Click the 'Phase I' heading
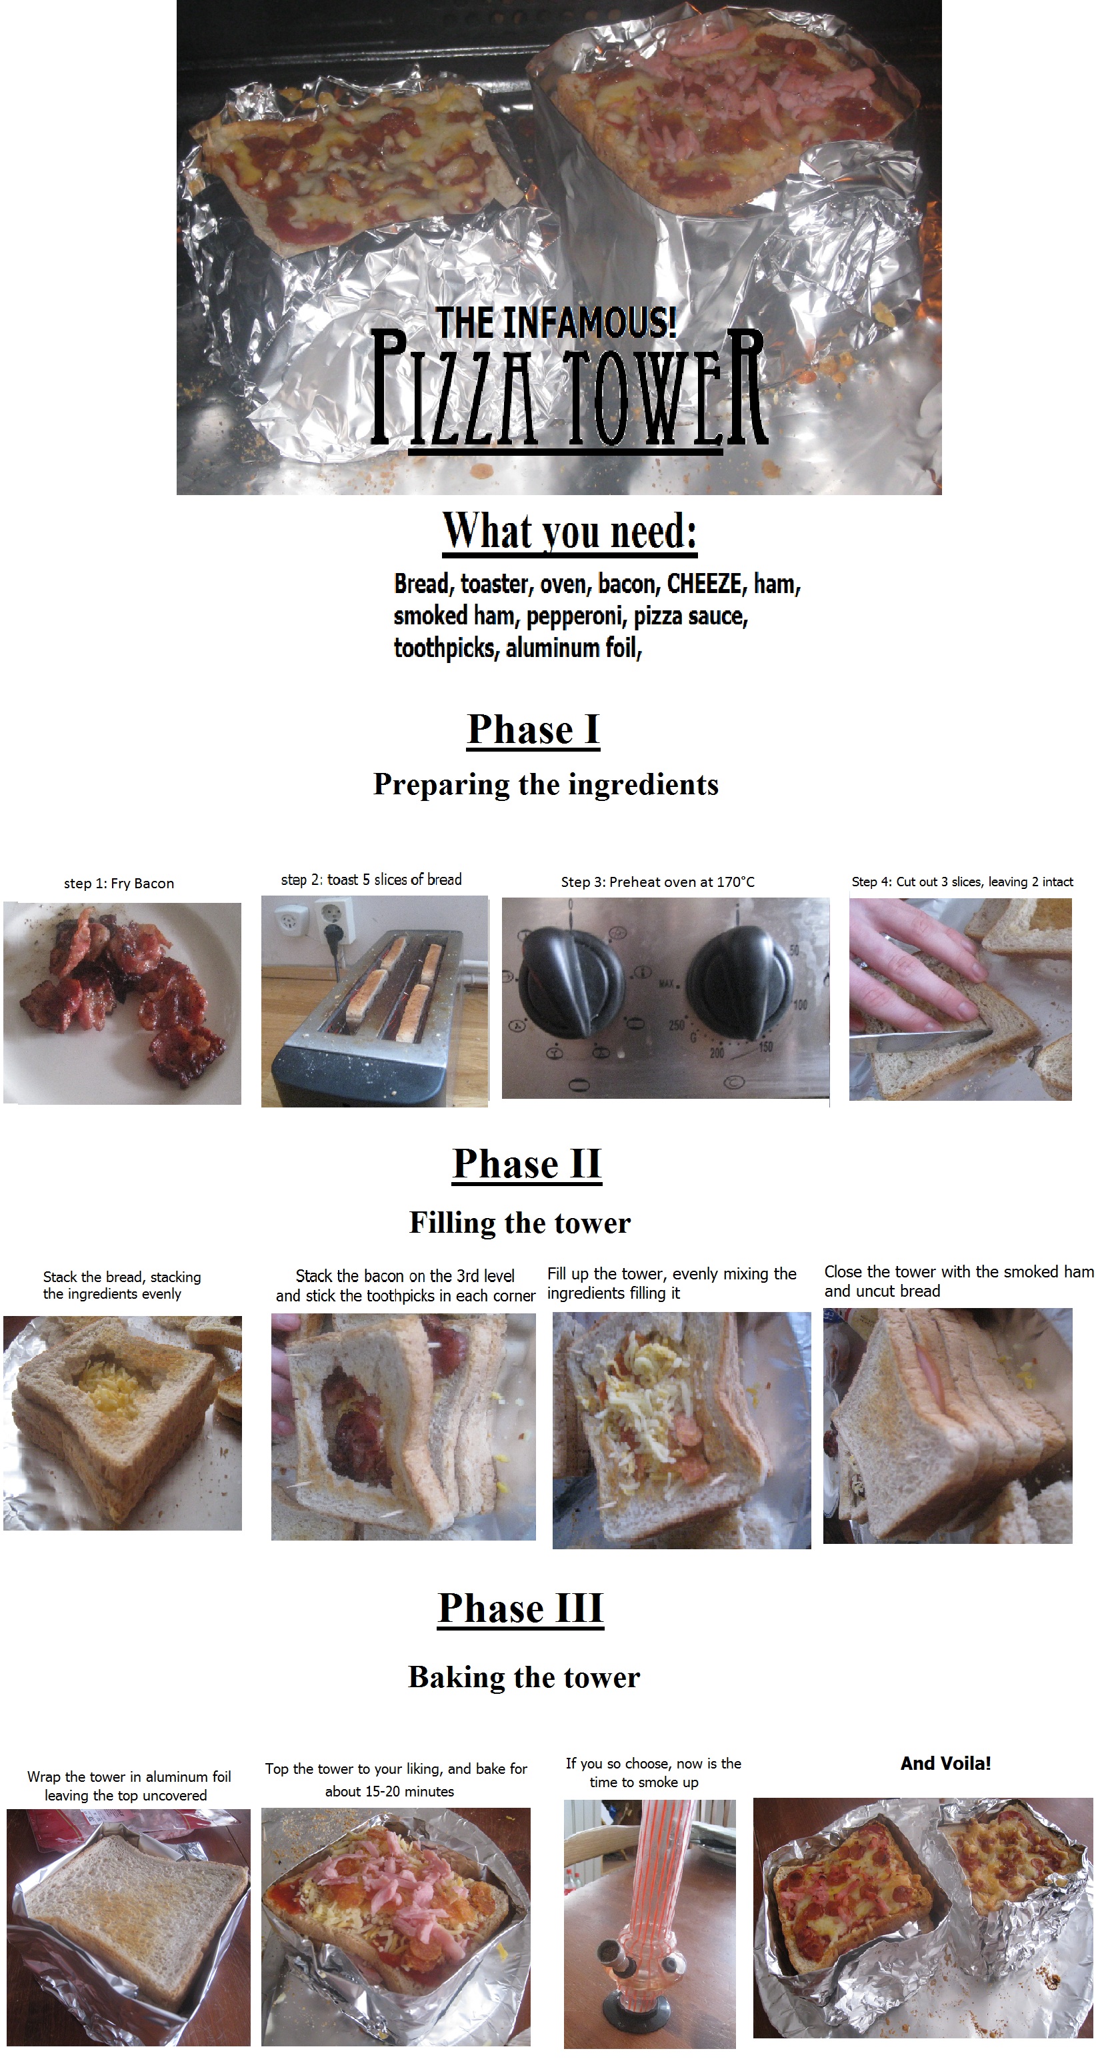pyautogui.click(x=533, y=730)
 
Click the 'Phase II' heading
pyautogui.click(x=527, y=1164)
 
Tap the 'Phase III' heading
pyautogui.click(x=520, y=1608)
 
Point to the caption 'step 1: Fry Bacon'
pyautogui.click(x=119, y=884)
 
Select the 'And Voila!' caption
pyautogui.click(x=945, y=1763)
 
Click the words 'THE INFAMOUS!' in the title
pyautogui.click(x=557, y=323)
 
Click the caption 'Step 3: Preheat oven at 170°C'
pyautogui.click(x=658, y=882)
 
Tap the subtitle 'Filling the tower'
pyautogui.click(x=520, y=1223)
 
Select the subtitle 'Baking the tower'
pyautogui.click(x=524, y=1677)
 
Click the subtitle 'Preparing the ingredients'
pyautogui.click(x=546, y=785)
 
